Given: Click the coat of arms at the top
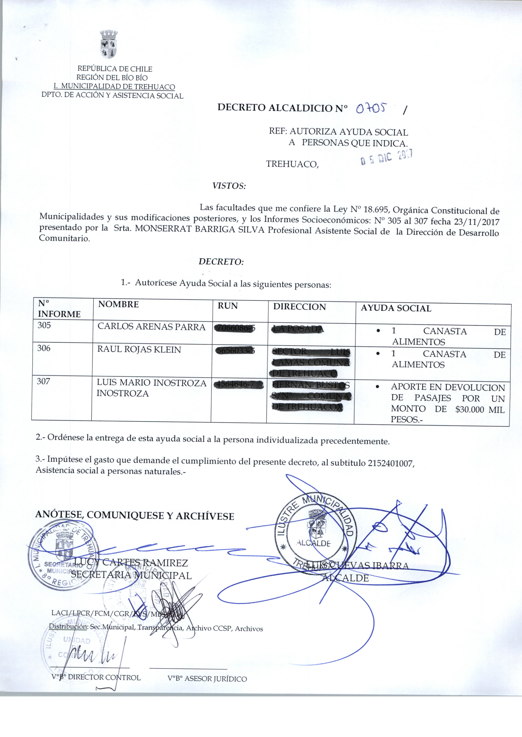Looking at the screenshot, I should tap(109, 44).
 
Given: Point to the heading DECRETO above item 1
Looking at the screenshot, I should tap(221, 262).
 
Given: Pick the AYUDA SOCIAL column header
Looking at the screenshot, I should tap(396, 308).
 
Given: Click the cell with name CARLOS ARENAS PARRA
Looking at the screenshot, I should tap(151, 327).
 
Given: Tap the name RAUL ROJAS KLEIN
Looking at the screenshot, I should tap(139, 349).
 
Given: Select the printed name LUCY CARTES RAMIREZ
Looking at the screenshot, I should tap(131, 563).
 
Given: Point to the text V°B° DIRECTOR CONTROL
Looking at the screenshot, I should tap(96, 678).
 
